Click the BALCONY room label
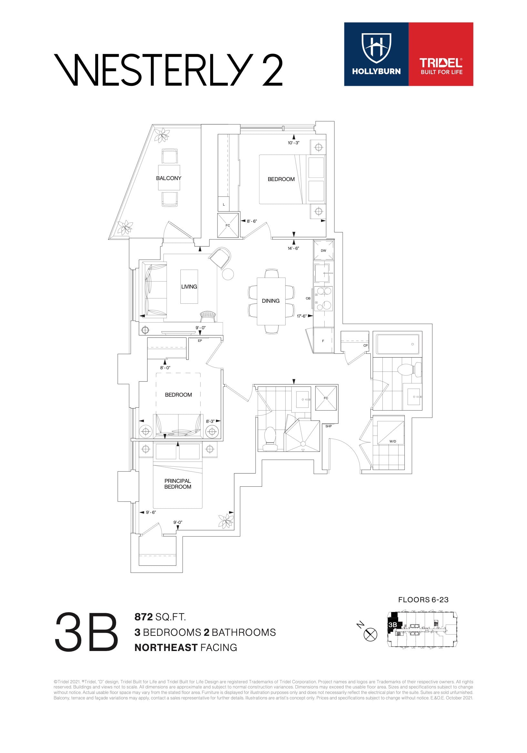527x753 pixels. [168, 178]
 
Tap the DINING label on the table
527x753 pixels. [270, 301]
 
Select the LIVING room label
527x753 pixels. [189, 287]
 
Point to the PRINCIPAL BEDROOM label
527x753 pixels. [178, 484]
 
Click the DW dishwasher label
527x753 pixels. [323, 250]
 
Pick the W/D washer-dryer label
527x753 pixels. [392, 441]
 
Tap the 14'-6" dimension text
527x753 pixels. [293, 248]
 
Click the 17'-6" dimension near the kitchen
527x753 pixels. [301, 316]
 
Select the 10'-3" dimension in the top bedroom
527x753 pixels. [293, 143]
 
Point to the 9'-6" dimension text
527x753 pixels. [151, 512]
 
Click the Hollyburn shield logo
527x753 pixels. [377, 48]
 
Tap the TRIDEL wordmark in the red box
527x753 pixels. [441, 63]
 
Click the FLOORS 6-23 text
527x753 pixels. [423, 599]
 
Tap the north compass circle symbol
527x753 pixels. [370, 634]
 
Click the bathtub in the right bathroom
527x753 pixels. [398, 344]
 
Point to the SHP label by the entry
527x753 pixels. [329, 426]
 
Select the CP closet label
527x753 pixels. [365, 345]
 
